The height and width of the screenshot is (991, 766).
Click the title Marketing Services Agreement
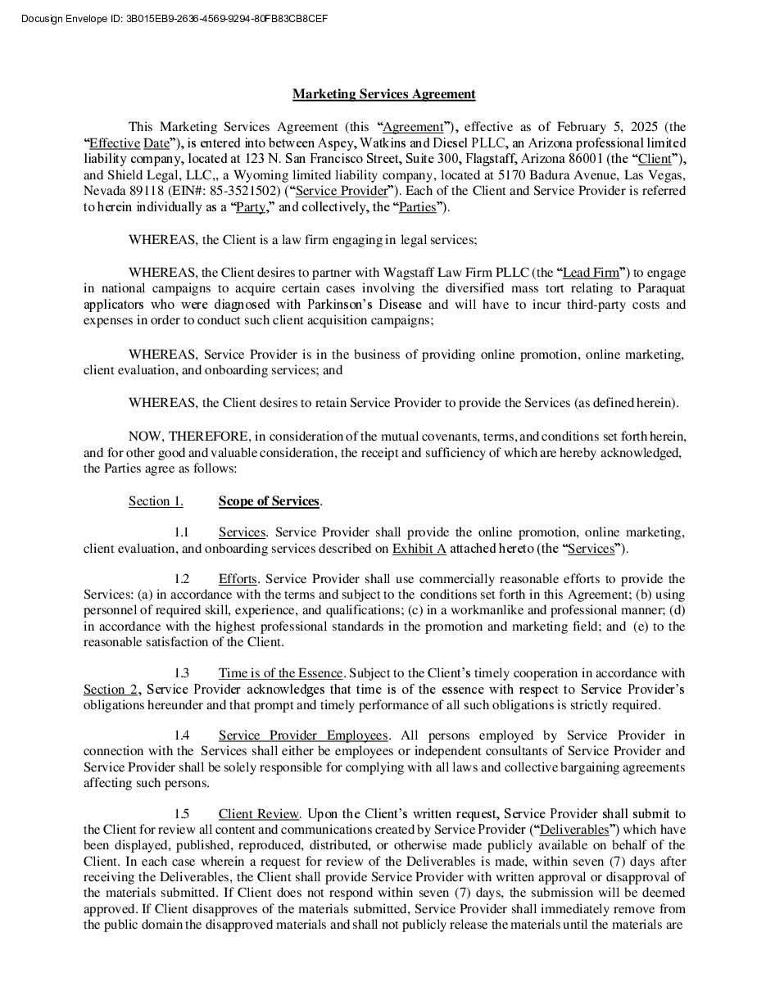coord(383,94)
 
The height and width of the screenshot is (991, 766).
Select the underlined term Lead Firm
coord(591,273)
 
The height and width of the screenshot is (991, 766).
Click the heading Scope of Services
coord(269,501)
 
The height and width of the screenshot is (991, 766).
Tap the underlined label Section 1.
coord(156,501)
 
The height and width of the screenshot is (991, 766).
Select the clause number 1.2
coord(182,579)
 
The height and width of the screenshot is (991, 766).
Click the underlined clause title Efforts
coord(238,579)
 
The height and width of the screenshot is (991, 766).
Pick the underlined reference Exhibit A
coord(419,549)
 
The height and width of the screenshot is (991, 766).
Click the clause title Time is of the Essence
coord(280,673)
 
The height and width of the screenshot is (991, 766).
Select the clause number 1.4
coord(182,735)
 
